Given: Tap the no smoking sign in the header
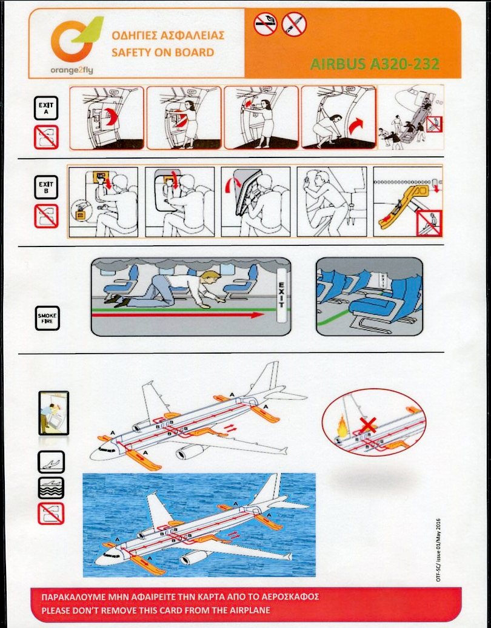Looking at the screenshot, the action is coord(266,24).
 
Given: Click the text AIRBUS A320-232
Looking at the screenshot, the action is coord(375,64).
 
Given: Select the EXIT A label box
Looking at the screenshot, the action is coord(45,108).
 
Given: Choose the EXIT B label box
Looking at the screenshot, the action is coord(45,187).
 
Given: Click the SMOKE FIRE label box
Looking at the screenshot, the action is coord(47,319).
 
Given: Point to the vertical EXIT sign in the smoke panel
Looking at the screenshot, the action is coord(282,296).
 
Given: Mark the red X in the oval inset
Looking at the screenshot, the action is coord(367,425).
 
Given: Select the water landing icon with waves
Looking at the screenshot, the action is coord(51,488).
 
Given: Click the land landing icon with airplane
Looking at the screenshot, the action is coord(51,462).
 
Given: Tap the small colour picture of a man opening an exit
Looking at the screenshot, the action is coord(54,413).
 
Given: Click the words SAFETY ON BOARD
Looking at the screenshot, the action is coord(162,53).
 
